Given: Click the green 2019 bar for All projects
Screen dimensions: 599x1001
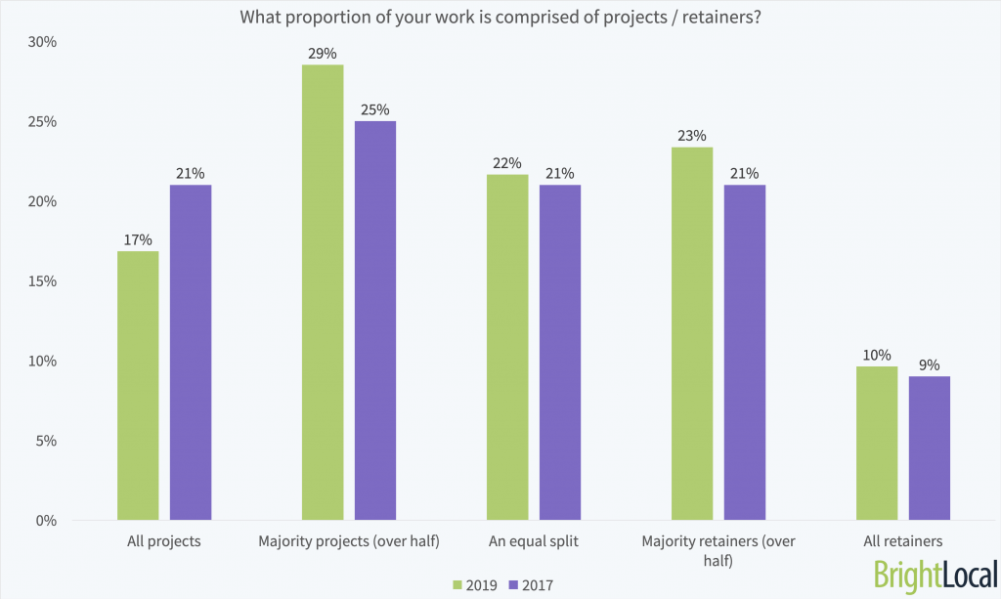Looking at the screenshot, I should coord(137,386).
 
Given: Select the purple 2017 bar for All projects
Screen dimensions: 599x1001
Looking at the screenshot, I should coord(191,353).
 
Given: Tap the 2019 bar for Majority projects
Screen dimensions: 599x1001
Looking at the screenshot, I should coord(323,292).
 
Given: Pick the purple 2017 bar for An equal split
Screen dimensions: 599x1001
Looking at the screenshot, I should coord(560,353).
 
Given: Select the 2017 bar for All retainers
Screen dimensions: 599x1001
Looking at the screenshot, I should coord(930,449).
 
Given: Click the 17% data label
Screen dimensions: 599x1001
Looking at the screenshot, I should coord(137,237).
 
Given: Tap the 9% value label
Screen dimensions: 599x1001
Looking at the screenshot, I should coord(930,364).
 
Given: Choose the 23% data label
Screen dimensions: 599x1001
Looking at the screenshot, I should coord(692,135).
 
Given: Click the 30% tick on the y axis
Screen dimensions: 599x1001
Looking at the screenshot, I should coord(43,43).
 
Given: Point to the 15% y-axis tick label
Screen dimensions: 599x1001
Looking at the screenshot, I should coord(43,281).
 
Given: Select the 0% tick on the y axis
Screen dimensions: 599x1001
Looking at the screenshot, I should coord(47,520).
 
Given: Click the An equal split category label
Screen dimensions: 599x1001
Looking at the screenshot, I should coord(534,540).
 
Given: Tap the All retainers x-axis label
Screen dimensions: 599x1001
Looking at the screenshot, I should coord(903,540).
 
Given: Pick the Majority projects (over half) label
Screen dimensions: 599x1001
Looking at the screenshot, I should coord(349,540).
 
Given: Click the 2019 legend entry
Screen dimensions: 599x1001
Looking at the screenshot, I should coord(474,584).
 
